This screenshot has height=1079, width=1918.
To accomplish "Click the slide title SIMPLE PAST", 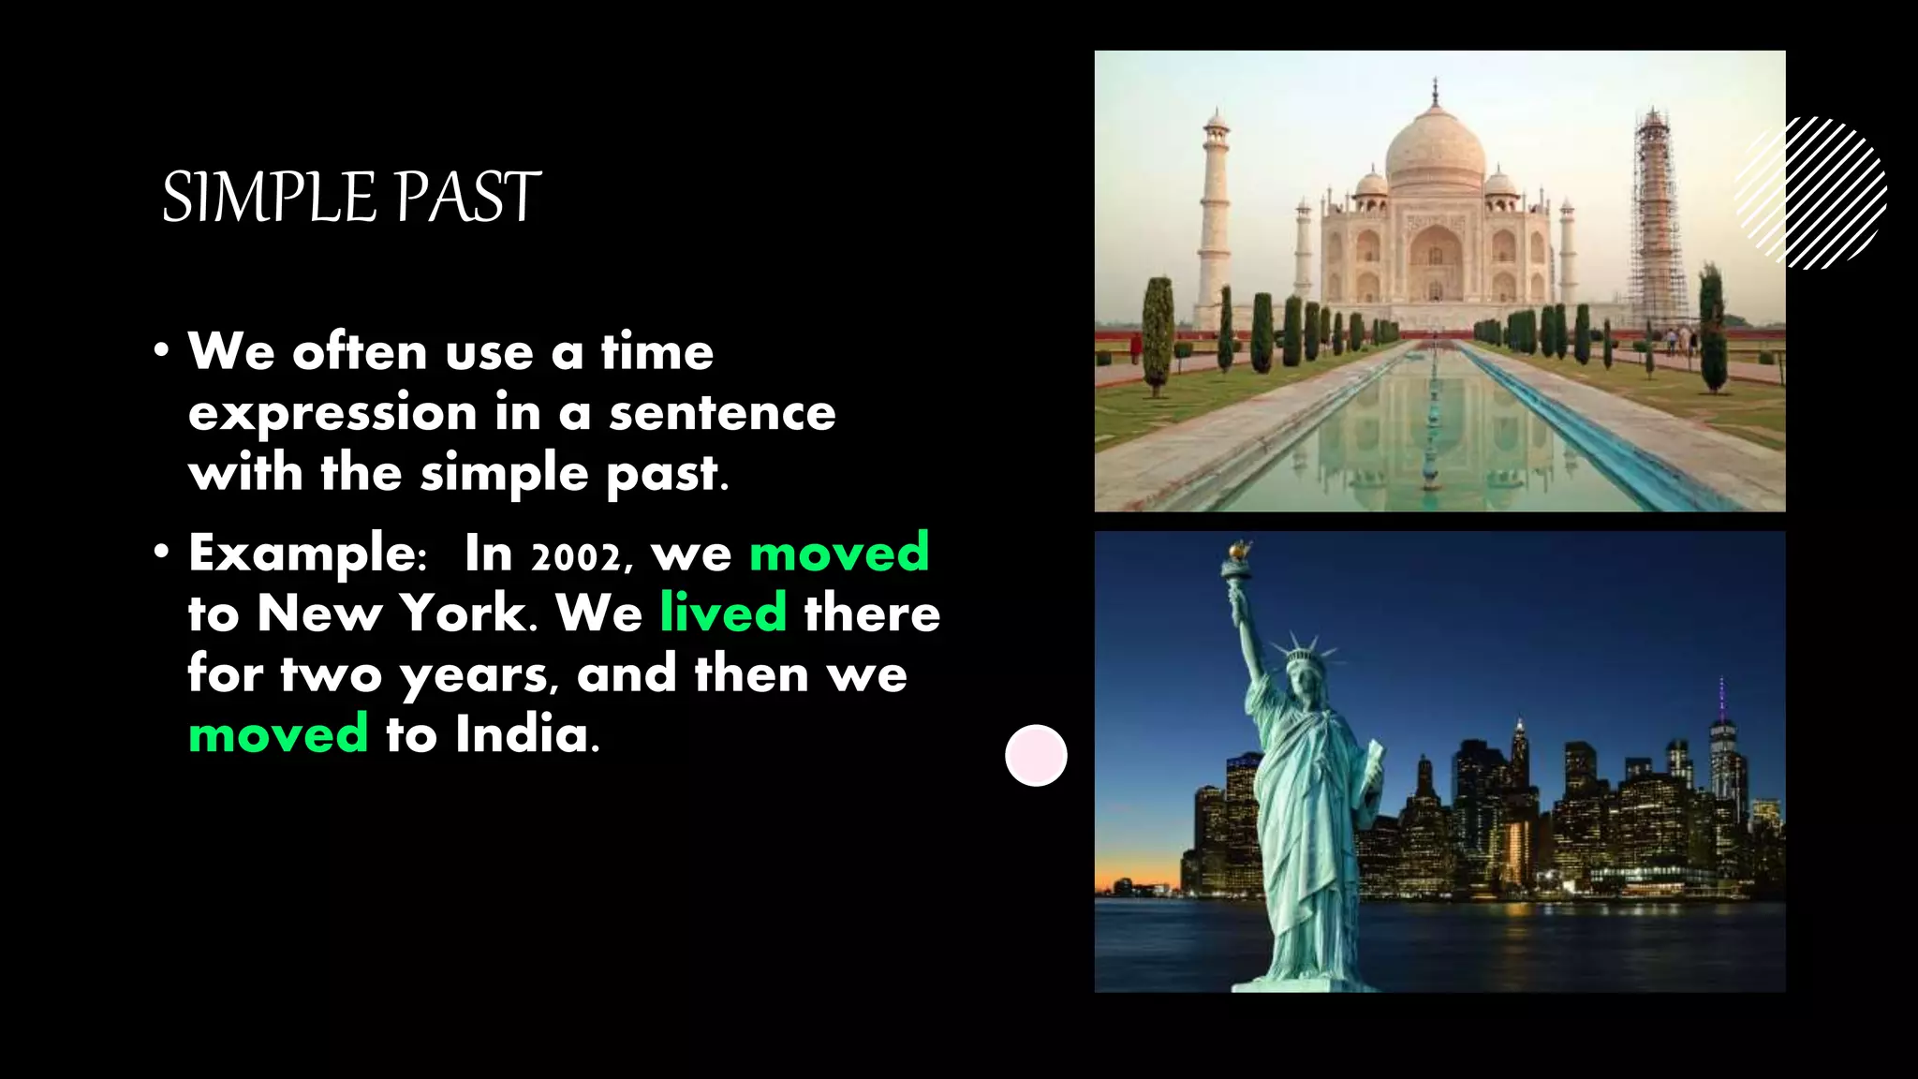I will tap(351, 198).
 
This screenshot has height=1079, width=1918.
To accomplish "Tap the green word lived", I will tap(723, 613).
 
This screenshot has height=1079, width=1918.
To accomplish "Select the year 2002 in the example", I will tap(575, 556).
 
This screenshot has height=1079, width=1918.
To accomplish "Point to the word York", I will tap(464, 613).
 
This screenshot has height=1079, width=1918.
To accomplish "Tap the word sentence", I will tap(722, 413).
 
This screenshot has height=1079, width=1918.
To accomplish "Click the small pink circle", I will tap(1036, 755).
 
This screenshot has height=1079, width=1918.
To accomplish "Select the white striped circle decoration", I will tap(1812, 193).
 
